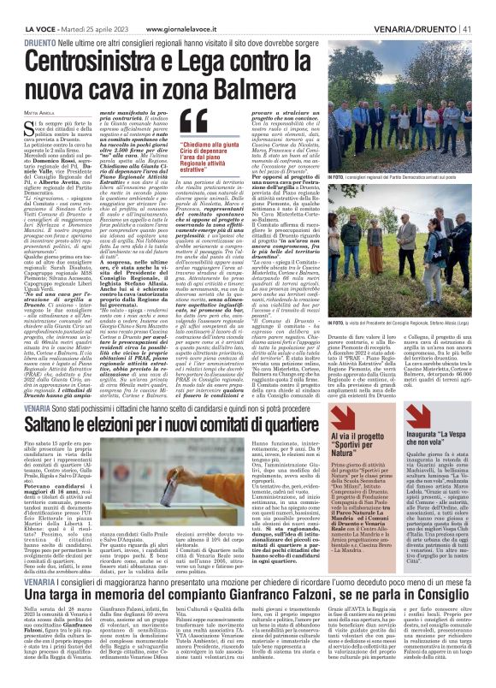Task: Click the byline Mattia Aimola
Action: (x=38, y=111)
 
